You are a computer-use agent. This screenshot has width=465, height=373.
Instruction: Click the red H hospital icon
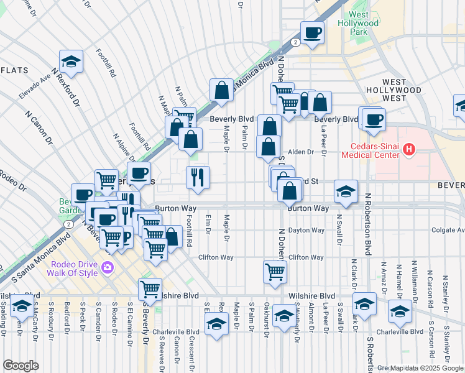(408, 149)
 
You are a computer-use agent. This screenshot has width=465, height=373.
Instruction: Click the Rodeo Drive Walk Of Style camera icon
(109, 268)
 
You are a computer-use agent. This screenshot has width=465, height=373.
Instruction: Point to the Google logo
(21, 366)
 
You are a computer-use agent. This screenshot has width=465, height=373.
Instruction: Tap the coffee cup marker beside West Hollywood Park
(312, 32)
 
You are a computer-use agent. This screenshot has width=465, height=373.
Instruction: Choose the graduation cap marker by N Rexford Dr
(71, 61)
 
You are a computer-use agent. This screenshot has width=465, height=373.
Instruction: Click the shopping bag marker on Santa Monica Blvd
(221, 90)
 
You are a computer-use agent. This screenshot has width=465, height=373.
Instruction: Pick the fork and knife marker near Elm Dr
(198, 177)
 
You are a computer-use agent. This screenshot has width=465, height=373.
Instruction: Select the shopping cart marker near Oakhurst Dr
(275, 271)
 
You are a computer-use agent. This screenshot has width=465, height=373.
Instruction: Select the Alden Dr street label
(301, 152)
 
